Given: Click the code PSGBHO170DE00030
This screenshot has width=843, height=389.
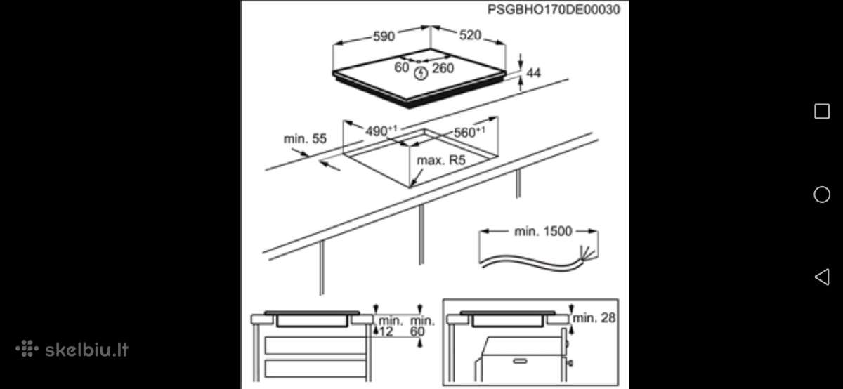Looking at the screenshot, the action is click(554, 9).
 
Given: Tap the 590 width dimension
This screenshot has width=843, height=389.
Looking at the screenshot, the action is click(384, 36).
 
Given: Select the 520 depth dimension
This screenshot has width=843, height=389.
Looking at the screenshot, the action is click(470, 35).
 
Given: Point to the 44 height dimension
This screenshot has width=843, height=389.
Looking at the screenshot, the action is click(533, 72).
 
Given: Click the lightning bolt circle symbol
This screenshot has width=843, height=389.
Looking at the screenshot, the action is click(421, 73).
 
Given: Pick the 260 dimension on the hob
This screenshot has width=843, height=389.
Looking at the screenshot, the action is click(443, 69).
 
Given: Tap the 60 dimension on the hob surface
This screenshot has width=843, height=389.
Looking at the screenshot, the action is click(402, 67).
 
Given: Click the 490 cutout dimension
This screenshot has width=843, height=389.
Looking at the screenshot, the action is click(381, 131).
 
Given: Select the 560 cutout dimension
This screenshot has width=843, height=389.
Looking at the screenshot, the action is click(469, 132).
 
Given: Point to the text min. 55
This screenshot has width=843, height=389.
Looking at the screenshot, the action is click(305, 139).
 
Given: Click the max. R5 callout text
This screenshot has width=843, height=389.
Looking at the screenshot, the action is click(441, 160).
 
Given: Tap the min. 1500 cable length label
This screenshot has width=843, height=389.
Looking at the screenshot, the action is click(543, 231).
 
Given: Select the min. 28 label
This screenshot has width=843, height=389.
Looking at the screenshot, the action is click(594, 318).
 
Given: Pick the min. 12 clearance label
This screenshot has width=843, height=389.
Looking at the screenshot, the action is click(389, 327).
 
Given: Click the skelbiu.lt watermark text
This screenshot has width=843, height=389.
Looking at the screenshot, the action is click(86, 350).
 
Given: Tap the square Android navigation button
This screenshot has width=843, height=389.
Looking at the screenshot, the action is click(822, 112).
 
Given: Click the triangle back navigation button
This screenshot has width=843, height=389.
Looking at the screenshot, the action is click(822, 277).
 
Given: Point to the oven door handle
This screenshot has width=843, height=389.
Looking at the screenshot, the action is click(520, 361).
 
